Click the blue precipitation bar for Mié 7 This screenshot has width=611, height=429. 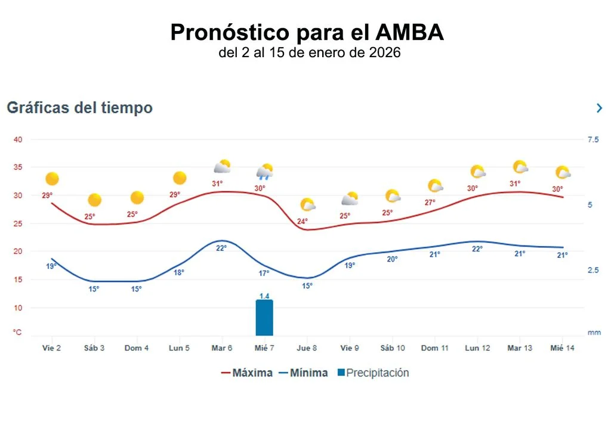(x=264, y=318)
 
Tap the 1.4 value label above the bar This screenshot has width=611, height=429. (x=264, y=296)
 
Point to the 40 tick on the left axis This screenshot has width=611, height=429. (x=18, y=140)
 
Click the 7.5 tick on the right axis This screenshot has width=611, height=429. (x=593, y=140)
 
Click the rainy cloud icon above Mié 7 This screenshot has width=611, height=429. (x=264, y=172)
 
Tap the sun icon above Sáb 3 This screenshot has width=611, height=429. (x=94, y=200)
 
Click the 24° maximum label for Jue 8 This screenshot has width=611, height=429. (x=303, y=222)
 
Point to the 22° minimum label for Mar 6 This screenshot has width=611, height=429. (x=221, y=248)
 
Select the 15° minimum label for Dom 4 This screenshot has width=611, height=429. (x=137, y=289)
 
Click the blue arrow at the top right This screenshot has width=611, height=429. (x=599, y=108)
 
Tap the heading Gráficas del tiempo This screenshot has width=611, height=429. (x=79, y=108)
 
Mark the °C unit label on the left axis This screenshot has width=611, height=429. (x=18, y=332)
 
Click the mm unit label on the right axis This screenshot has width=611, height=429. (x=594, y=332)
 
